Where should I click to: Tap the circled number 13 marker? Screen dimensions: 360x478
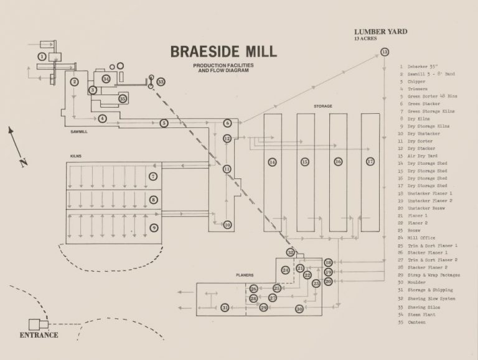tap(385, 52)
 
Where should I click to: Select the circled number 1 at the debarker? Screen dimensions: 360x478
tap(41, 57)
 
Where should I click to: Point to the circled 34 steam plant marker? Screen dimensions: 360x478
tap(106, 79)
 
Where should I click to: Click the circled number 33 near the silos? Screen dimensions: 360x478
tap(161, 81)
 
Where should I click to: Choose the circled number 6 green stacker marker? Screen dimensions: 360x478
tap(228, 123)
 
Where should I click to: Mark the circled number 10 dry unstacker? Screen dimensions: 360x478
tap(227, 224)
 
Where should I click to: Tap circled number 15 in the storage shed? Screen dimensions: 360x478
tap(305, 162)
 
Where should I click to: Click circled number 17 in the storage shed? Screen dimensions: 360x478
tap(370, 162)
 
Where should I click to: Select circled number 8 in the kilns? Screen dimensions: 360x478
tap(153, 200)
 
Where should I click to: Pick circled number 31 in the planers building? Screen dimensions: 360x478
tap(225, 307)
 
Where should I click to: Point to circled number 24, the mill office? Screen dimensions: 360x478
tap(285, 270)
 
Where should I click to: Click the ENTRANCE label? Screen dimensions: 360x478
tap(39, 335)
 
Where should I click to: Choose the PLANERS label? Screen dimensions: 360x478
tap(245, 274)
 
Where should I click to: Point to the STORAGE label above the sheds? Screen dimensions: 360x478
tap(322, 106)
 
